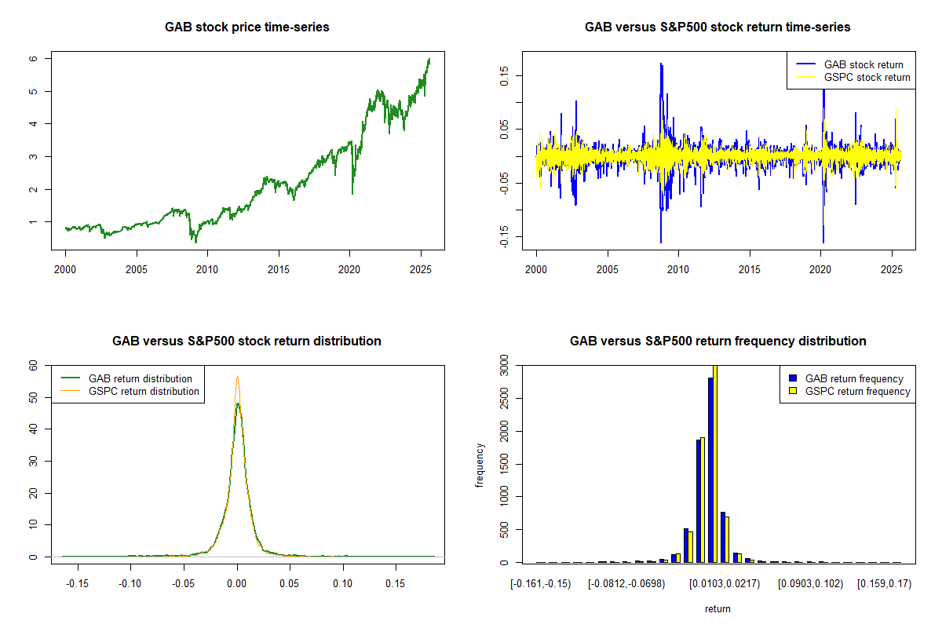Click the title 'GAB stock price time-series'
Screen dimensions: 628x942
coord(246,27)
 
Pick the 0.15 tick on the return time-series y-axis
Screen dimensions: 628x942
coord(504,75)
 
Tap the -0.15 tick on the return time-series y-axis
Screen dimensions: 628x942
coord(504,237)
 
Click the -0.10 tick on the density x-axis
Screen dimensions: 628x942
coord(130,584)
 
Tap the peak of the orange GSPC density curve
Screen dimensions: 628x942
coord(237,377)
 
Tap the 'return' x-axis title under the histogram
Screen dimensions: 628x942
coord(717,608)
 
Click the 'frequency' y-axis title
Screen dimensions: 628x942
coord(480,465)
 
